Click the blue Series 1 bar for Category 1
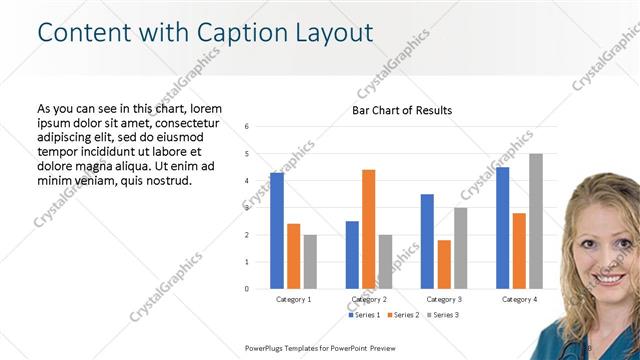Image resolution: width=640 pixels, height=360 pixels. point(277,231)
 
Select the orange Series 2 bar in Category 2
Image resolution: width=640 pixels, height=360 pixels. point(369,229)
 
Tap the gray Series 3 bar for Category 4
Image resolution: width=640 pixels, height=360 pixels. point(536,221)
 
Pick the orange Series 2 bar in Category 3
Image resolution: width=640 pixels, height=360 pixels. point(444,264)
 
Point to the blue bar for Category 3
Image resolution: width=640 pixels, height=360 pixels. point(427,241)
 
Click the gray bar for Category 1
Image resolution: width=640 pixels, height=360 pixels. point(310,262)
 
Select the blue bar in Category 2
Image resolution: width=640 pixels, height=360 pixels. point(352,255)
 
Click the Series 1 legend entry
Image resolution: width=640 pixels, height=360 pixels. point(365,315)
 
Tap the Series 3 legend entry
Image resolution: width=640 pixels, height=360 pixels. point(441,315)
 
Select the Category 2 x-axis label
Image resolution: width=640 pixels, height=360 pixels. point(369,299)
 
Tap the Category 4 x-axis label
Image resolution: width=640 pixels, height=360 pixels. point(519,299)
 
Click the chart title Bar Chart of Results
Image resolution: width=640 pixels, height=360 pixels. point(402,110)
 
